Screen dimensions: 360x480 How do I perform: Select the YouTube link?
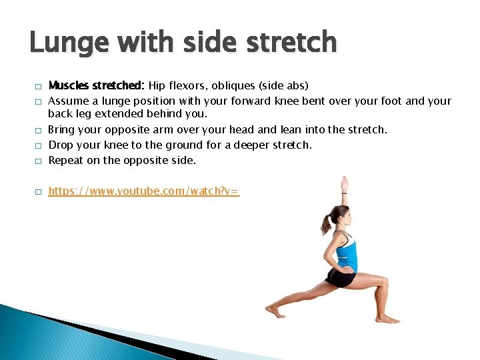click(x=144, y=191)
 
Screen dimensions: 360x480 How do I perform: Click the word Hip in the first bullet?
click(x=157, y=85)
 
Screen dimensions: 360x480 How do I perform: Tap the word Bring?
click(x=61, y=129)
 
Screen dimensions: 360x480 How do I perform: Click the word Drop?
click(x=61, y=145)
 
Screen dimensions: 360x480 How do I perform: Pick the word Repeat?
click(x=65, y=160)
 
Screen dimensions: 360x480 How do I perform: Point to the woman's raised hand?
click(x=344, y=183)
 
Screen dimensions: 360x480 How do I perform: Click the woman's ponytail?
click(x=326, y=224)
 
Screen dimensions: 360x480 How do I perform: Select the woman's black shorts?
click(x=340, y=277)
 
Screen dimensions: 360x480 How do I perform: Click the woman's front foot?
click(x=387, y=319)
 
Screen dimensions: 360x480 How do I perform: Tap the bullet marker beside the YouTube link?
click(x=39, y=192)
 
